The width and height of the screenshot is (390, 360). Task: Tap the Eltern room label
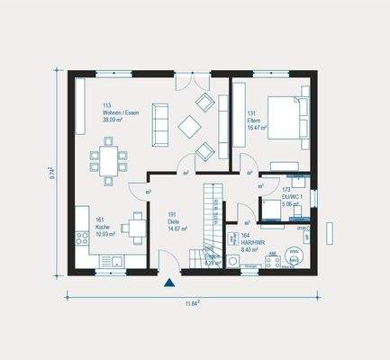point(254,120)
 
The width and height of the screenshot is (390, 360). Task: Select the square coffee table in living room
point(190,126)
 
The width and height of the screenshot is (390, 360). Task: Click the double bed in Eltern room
point(288,118)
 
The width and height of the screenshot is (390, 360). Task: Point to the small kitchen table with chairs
point(134,228)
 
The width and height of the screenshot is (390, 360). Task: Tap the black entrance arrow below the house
point(168,284)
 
